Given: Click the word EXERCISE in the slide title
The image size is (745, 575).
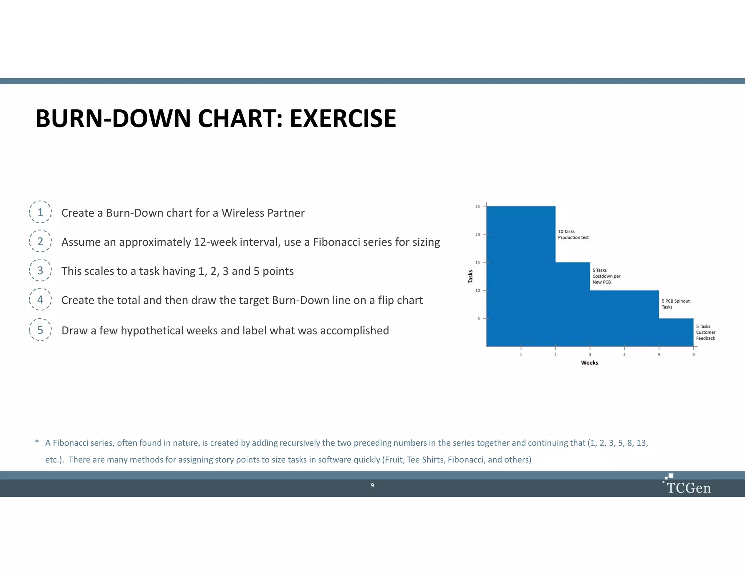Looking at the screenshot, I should click(x=342, y=119).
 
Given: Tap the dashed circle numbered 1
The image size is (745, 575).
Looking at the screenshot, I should click(x=40, y=212).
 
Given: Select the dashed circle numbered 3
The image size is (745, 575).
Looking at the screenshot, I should click(x=40, y=270).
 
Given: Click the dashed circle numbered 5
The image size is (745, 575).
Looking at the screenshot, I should click(x=40, y=330).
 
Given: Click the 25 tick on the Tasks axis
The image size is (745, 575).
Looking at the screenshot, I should click(x=478, y=206).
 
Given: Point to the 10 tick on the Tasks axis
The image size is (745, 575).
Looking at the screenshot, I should click(x=478, y=290).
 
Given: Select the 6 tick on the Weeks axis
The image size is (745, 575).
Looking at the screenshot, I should click(x=693, y=354).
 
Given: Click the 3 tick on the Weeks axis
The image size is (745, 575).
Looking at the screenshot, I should click(x=590, y=354).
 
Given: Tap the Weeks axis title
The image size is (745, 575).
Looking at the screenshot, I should click(x=589, y=363).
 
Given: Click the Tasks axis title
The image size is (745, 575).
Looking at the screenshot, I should click(x=470, y=277).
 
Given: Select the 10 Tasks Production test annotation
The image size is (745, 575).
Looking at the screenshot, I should click(x=573, y=234).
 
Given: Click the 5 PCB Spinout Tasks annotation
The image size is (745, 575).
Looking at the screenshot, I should click(x=675, y=304).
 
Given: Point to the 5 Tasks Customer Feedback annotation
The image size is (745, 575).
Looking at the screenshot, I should click(x=705, y=332).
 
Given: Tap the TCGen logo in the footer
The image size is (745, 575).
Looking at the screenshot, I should click(x=688, y=485).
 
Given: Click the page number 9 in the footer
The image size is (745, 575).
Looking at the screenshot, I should click(x=372, y=485).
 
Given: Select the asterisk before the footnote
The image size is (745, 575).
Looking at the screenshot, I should click(x=37, y=442).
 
